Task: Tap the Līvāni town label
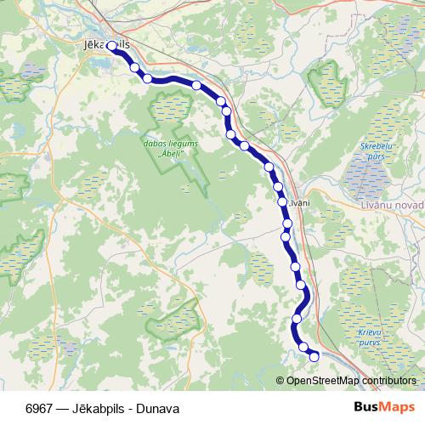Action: pyautogui.click(x=300, y=203)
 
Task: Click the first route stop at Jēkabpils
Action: pyautogui.click(x=111, y=47)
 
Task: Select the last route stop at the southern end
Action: pyautogui.click(x=314, y=356)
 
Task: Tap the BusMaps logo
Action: pyautogui.click(x=385, y=407)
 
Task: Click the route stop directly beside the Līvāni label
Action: pyautogui.click(x=281, y=202)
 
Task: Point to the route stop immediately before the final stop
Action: pyautogui.click(x=303, y=347)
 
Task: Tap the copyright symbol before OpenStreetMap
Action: pyautogui.click(x=281, y=380)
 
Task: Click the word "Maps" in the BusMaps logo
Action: pyautogui.click(x=399, y=407)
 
